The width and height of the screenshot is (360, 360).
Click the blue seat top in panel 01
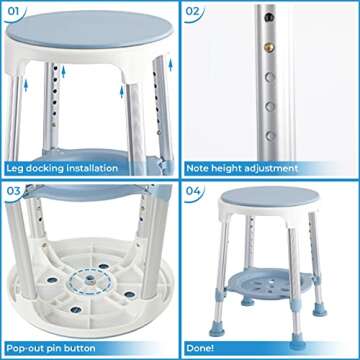[x=90, y=30]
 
